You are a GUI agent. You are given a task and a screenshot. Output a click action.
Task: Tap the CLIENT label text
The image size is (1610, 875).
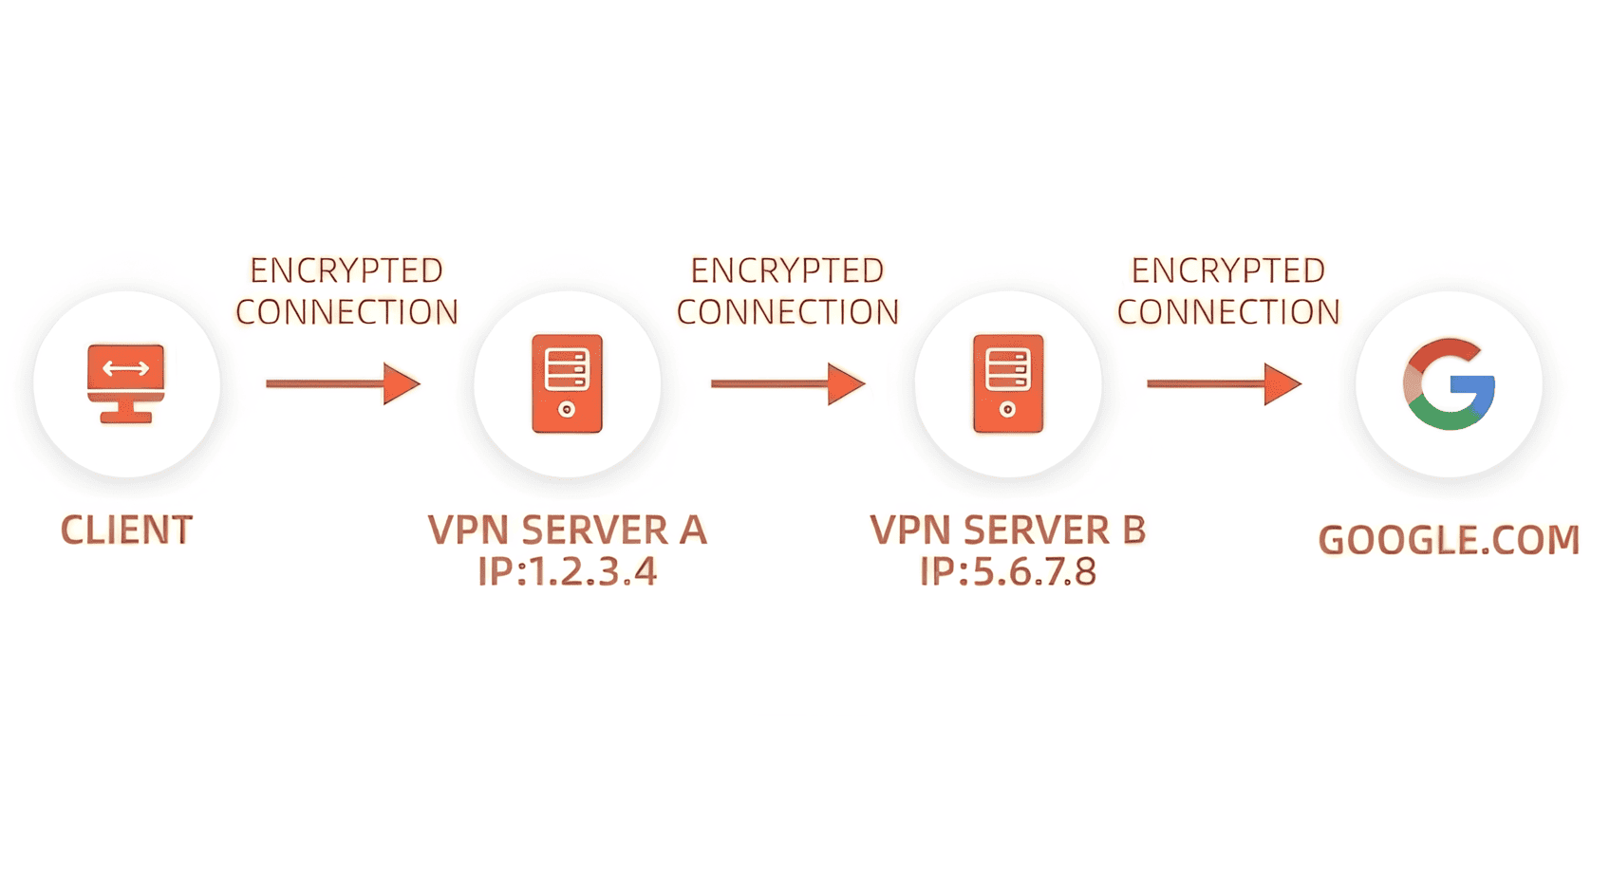(126, 530)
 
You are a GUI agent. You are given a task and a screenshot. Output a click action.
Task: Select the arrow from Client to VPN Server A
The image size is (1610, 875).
(343, 383)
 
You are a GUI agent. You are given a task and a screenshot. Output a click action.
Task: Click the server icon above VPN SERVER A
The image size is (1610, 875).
(567, 383)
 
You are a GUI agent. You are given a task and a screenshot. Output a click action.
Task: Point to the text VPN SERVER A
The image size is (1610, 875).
(567, 530)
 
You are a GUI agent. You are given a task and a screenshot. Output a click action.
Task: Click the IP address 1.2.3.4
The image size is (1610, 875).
(567, 572)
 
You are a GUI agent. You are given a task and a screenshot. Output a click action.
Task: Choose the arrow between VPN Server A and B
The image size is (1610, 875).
(787, 383)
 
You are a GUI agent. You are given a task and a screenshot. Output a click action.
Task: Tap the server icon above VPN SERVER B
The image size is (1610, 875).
(1008, 383)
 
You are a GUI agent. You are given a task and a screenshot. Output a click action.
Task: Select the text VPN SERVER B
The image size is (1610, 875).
(1008, 530)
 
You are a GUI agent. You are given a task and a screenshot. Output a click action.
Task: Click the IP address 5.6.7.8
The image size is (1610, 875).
(1008, 572)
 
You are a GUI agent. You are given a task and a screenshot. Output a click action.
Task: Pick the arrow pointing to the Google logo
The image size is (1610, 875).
(1223, 383)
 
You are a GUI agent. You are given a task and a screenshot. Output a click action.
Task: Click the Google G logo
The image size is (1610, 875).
(1449, 383)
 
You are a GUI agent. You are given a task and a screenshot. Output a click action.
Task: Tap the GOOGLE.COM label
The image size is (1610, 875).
(1449, 540)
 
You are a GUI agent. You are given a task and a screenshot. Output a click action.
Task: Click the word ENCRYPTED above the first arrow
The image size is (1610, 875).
(346, 270)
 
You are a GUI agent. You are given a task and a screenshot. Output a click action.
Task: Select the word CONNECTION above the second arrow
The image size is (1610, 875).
(787, 312)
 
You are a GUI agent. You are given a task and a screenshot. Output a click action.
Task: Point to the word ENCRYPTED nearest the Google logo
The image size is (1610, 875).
(1227, 270)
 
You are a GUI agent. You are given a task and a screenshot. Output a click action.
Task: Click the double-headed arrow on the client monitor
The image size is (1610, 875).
(126, 368)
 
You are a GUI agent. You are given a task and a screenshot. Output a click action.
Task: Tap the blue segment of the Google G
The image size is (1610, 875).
(1476, 395)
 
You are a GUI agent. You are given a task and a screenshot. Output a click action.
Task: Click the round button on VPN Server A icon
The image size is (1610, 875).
(567, 410)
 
